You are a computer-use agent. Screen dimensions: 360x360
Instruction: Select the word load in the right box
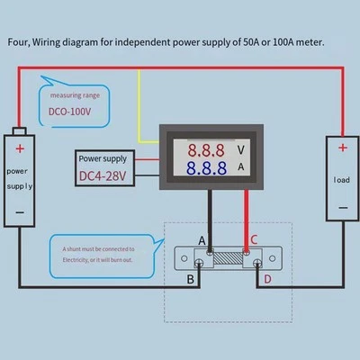[341, 180]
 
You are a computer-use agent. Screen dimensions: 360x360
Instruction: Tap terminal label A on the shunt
[201, 239]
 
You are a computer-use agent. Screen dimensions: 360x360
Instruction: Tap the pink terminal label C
[254, 239]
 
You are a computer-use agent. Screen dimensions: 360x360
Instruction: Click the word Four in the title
[20, 42]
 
